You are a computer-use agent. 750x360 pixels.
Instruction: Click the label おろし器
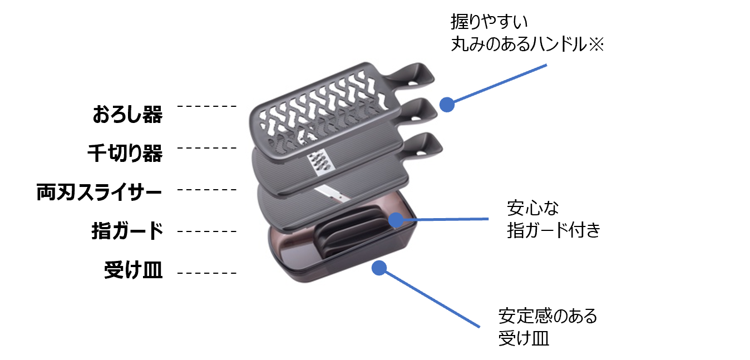point(127,115)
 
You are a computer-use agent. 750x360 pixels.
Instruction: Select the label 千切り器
point(125,153)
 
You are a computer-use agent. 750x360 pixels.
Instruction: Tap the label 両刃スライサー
point(99,193)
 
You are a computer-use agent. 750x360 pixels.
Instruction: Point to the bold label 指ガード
point(127,231)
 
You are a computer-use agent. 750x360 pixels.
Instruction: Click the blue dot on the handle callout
point(446,104)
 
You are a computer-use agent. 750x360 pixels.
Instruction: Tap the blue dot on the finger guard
point(396,220)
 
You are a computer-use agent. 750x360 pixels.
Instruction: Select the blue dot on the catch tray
point(379,268)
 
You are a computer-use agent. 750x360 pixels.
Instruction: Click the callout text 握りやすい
point(489,23)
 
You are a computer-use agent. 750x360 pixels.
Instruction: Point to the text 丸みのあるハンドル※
point(527,44)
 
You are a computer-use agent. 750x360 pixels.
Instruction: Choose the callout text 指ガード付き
point(554,230)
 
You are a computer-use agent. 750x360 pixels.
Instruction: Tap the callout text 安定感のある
point(547,316)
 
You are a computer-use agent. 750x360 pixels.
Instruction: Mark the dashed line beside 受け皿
point(209,273)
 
